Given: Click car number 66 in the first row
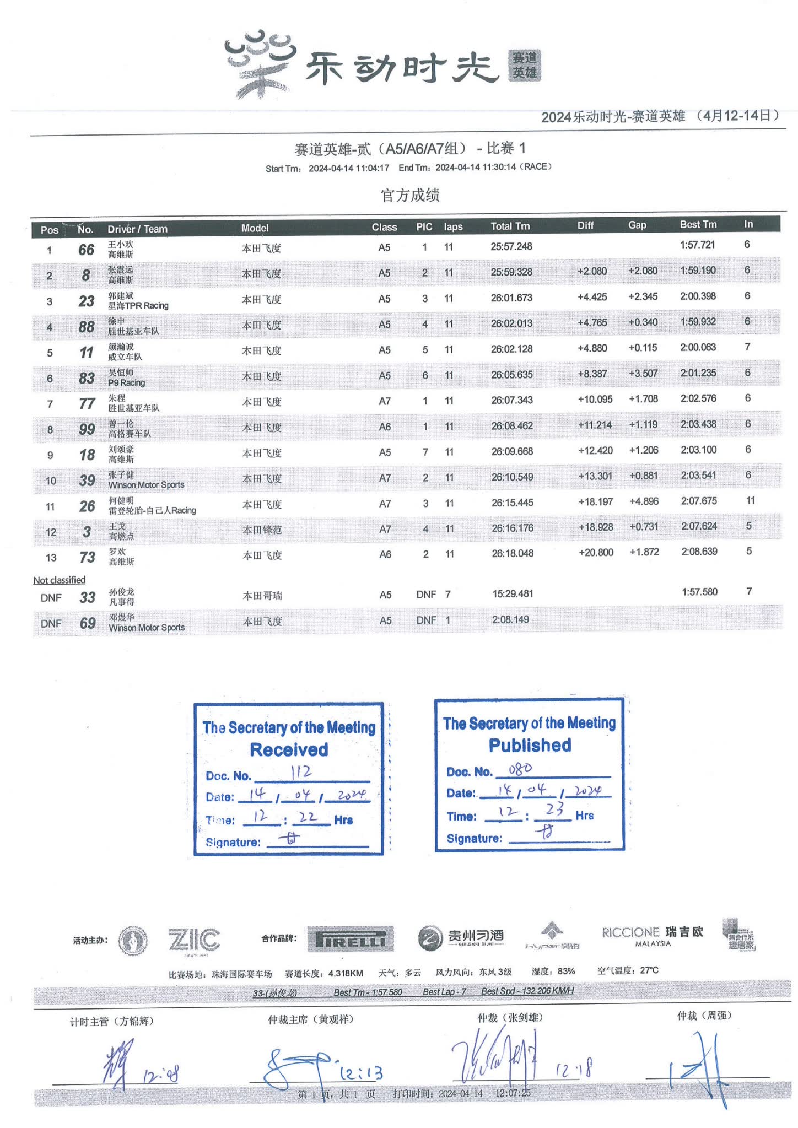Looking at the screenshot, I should (86, 250).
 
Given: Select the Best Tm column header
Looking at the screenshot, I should (698, 225).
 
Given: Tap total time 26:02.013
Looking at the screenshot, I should (511, 323).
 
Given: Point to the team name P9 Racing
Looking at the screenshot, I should (126, 383).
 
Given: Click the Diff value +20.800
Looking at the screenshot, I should (595, 553).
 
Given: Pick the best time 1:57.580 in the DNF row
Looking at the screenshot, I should (699, 592).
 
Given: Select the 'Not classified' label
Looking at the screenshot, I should (59, 580).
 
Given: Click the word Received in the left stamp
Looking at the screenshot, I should (289, 750).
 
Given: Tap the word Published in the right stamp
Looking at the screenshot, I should (530, 746).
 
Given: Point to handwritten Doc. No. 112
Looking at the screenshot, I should (301, 772).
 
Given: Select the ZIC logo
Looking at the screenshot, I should (194, 940).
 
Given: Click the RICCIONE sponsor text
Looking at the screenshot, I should (630, 932).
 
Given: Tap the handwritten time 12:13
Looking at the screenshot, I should (361, 1073).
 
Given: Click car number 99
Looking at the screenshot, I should (87, 429).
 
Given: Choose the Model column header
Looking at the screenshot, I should (255, 228).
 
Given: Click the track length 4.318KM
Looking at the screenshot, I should (346, 974).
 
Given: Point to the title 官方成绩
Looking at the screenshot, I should (410, 195).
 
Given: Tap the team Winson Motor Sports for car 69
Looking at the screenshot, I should (147, 628).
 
